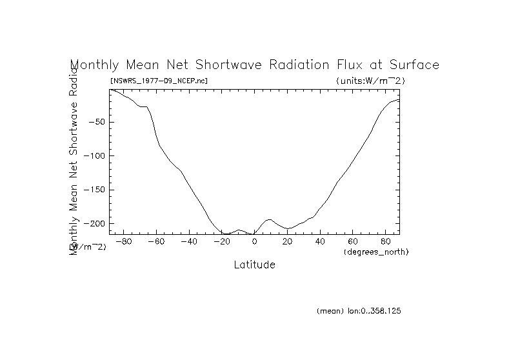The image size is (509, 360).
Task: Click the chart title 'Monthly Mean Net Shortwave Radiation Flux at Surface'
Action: (254, 65)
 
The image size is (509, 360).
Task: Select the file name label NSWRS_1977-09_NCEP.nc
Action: (159, 81)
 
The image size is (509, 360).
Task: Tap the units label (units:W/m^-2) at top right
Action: (370, 81)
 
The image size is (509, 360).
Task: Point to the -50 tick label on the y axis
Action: (97, 122)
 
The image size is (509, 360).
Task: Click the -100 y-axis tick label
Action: (95, 156)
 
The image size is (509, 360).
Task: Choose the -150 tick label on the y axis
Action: (95, 190)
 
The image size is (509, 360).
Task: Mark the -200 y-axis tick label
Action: (95, 224)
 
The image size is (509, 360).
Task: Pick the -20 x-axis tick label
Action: (221, 242)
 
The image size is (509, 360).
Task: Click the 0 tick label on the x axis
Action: (255, 242)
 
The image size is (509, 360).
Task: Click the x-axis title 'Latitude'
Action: (254, 265)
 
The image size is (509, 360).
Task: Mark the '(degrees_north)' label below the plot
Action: (376, 252)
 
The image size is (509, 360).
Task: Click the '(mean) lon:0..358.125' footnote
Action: (359, 311)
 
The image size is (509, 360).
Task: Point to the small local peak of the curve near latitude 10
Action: (269, 219)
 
